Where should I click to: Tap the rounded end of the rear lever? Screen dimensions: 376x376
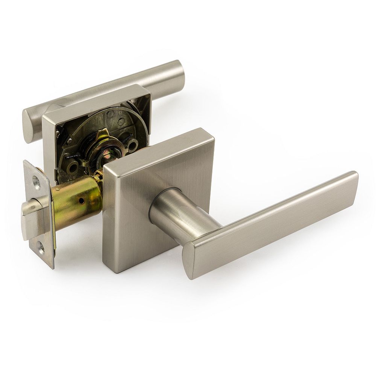(x=29, y=124)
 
